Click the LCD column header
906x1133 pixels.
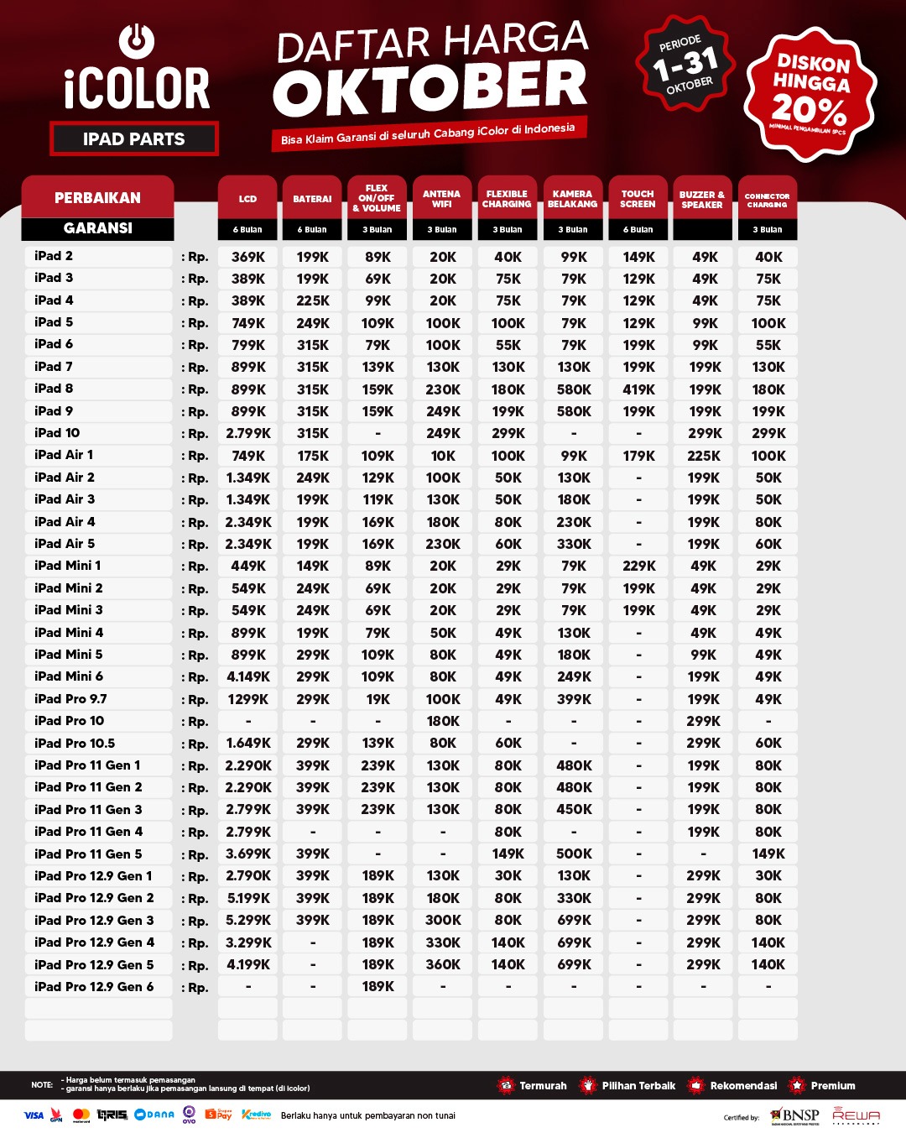[247, 199]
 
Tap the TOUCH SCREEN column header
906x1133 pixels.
[638, 199]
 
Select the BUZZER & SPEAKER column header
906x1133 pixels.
[702, 199]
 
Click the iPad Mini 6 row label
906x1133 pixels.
[69, 676]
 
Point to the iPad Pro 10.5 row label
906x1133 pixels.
[75, 743]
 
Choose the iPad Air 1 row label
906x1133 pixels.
[64, 455]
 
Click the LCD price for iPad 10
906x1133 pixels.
[248, 434]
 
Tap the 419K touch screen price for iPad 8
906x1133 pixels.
[638, 389]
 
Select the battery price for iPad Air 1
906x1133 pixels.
[313, 456]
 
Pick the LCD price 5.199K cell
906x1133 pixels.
[248, 898]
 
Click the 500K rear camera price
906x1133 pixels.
[574, 854]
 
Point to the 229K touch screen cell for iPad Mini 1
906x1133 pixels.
[638, 566]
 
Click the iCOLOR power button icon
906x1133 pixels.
[136, 40]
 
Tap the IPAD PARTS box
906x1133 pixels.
[134, 139]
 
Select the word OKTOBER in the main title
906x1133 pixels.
[430, 89]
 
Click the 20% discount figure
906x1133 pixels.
[809, 109]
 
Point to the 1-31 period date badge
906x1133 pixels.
[685, 63]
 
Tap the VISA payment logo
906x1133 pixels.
[34, 1115]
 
